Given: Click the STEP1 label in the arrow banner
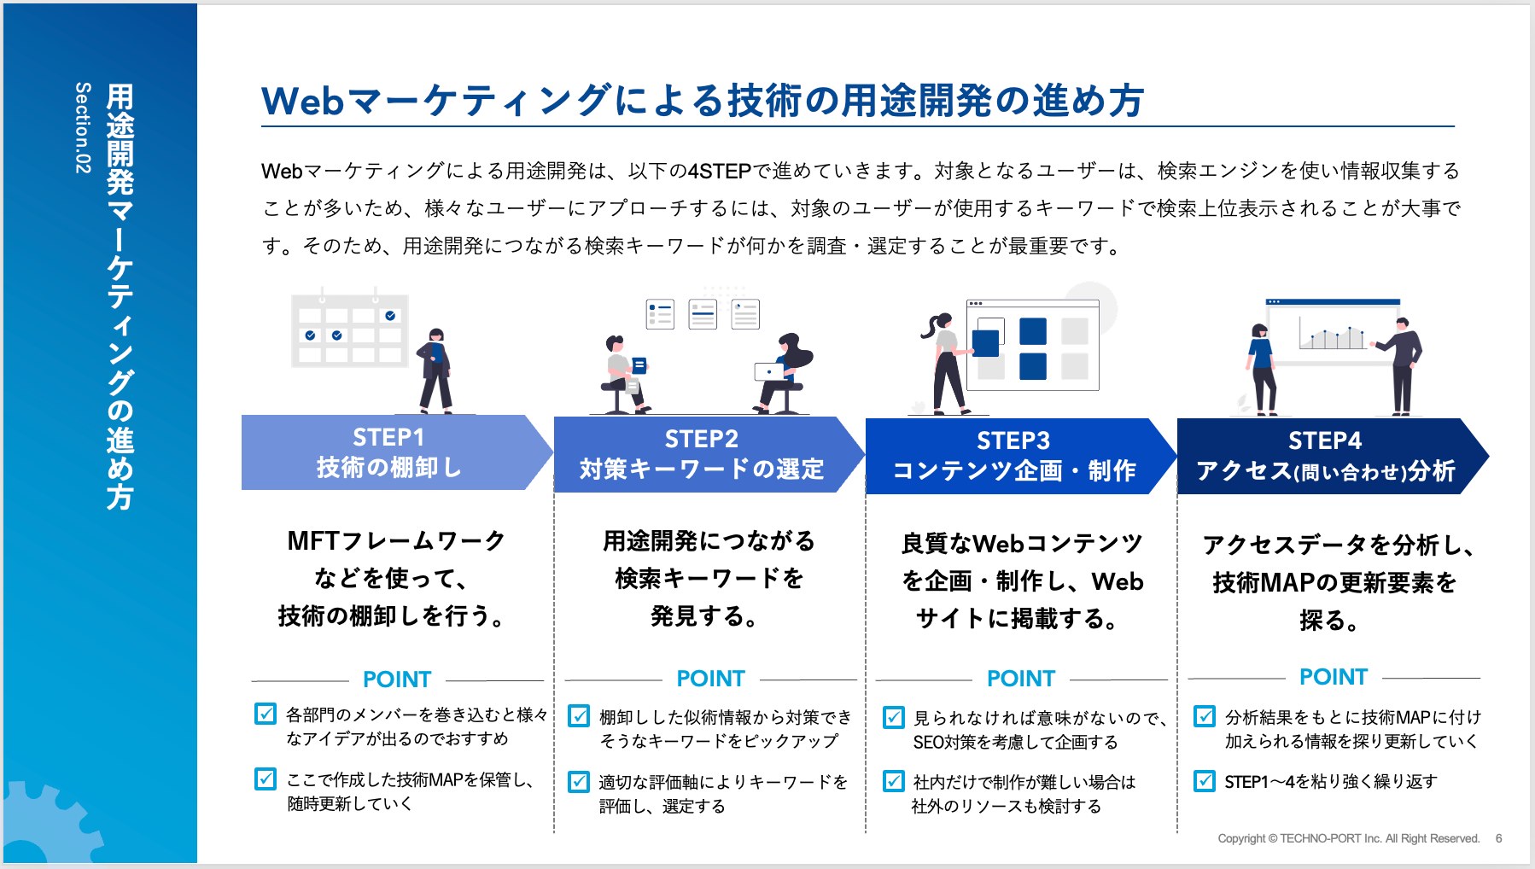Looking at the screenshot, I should [388, 437].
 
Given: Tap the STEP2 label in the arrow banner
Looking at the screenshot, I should [701, 439].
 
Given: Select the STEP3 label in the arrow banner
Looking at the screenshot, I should [1013, 440].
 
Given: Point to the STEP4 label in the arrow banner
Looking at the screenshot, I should [1325, 440].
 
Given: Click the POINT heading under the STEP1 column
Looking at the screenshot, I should [397, 679].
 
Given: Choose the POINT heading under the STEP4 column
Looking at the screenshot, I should [1334, 677].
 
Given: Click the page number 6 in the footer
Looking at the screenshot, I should [1498, 838].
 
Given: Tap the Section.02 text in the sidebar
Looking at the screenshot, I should [83, 128].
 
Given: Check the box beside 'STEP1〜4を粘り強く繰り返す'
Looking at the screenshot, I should [1205, 780].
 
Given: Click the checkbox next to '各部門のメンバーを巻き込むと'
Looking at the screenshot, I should [266, 714].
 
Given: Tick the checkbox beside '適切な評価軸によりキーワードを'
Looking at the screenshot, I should [579, 781].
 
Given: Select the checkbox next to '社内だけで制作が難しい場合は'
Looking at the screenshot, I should [893, 781].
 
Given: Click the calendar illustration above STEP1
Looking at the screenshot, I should [350, 330].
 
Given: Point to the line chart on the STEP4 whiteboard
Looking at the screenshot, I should [1332, 335].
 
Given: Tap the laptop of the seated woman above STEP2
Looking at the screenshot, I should [770, 371].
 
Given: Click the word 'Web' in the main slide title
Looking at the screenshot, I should [302, 101].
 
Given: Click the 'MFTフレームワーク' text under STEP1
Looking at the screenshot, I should [396, 541].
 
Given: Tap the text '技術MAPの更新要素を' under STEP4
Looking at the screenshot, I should [1334, 583].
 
